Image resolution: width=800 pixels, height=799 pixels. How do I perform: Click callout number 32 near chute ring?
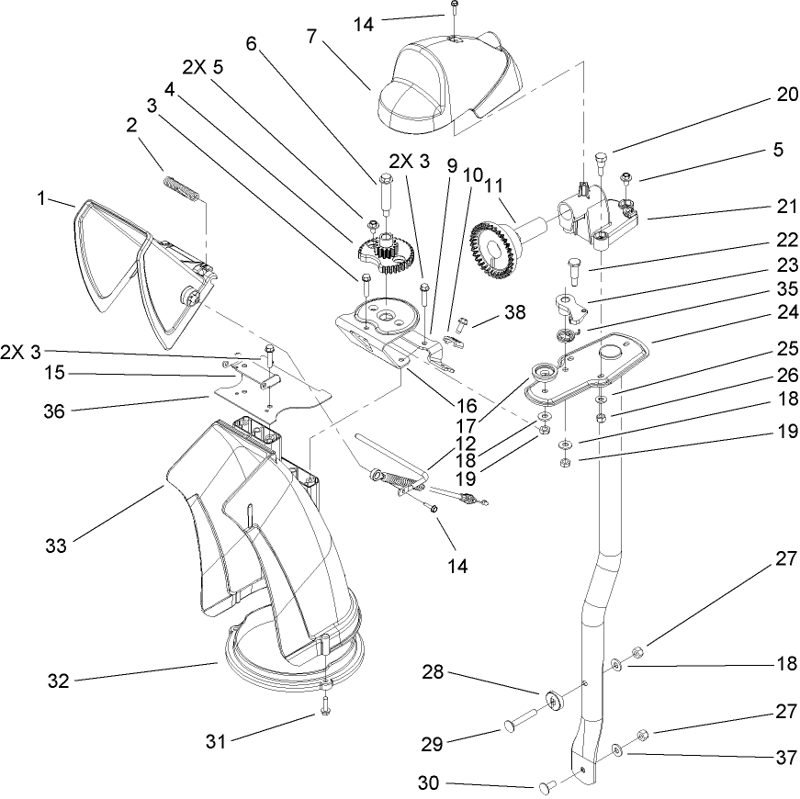tap(59, 681)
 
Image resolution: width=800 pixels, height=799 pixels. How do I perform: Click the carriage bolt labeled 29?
tap(511, 727)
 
